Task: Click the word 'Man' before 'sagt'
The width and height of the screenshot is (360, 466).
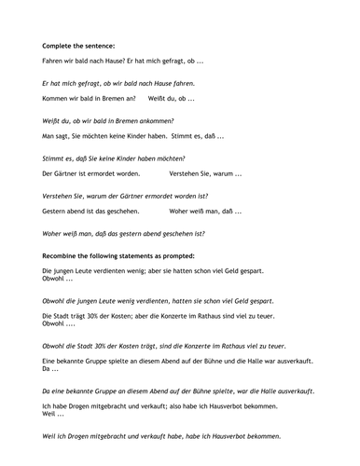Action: (x=48, y=136)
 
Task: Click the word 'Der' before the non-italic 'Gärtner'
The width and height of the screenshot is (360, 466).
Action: (x=48, y=173)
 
